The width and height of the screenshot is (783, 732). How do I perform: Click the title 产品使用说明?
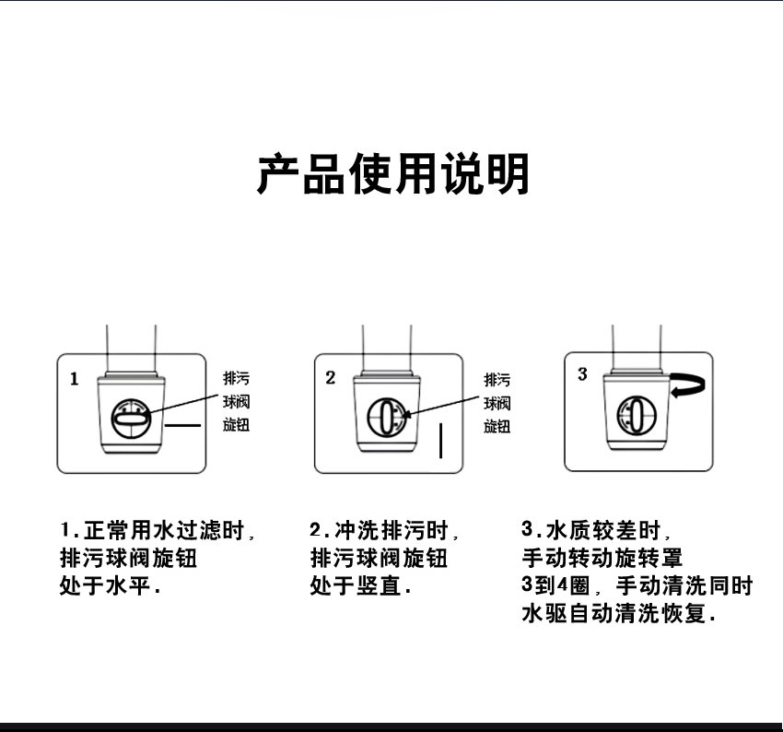tap(393, 173)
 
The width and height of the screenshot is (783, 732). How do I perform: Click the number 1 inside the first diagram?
tap(75, 379)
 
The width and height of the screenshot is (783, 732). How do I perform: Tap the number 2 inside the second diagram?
tap(330, 379)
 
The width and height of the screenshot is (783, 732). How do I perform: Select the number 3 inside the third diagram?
tap(582, 374)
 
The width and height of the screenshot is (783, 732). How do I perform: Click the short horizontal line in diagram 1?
tap(182, 425)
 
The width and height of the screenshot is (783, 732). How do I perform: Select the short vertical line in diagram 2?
tap(442, 441)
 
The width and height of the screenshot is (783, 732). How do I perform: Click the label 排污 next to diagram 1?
tap(237, 379)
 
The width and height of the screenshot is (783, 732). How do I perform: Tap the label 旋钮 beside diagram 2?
tap(497, 426)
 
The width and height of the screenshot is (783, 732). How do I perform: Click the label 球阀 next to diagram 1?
tap(237, 402)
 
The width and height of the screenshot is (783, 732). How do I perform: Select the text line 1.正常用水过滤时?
tap(157, 532)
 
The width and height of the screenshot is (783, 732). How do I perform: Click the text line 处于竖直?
tap(359, 585)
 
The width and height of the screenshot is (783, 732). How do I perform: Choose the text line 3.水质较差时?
tap(596, 531)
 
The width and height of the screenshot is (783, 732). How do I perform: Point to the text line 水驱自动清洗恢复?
tap(618, 612)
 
